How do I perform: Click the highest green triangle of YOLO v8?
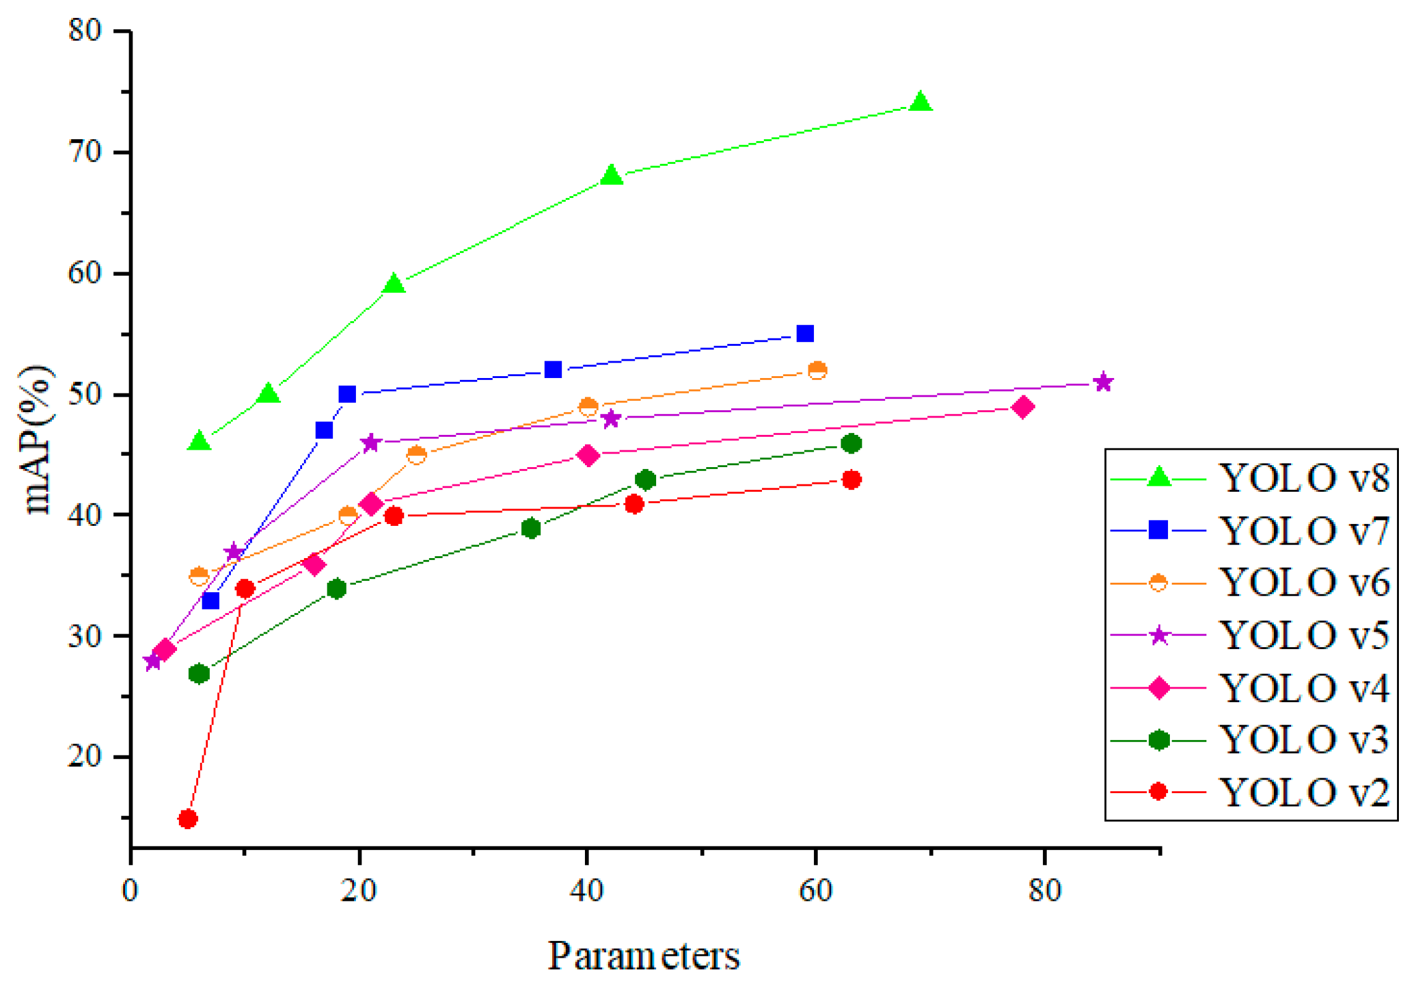920,102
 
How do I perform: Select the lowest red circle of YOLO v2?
188,819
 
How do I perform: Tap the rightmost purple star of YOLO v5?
1103,382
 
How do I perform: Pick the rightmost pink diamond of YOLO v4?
1023,407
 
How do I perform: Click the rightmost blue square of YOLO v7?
805,333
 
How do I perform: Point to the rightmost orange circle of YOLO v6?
817,371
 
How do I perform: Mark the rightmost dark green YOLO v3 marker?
852,444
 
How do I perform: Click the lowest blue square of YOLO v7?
210,601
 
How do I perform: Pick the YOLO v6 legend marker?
1158,583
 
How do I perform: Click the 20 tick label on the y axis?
85,756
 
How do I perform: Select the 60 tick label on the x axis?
815,891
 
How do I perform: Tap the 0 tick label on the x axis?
130,891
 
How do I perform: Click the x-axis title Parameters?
644,956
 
